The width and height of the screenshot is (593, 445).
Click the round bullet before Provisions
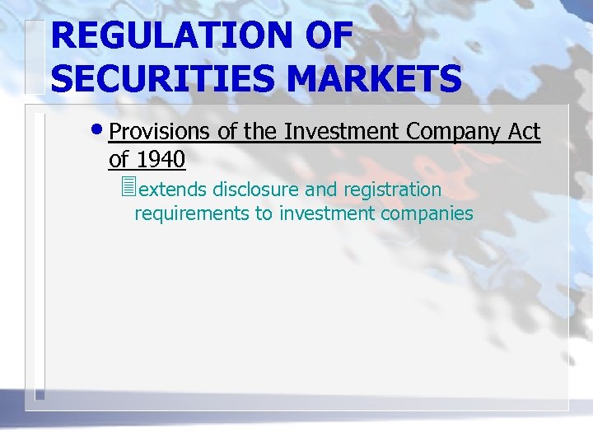tap(99, 130)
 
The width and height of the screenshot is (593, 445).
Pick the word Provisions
tap(159, 132)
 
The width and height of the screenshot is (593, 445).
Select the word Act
tap(524, 132)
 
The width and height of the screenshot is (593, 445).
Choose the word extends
tap(173, 190)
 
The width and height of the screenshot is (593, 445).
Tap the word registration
tap(393, 190)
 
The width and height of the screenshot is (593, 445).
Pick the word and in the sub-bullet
tap(321, 190)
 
